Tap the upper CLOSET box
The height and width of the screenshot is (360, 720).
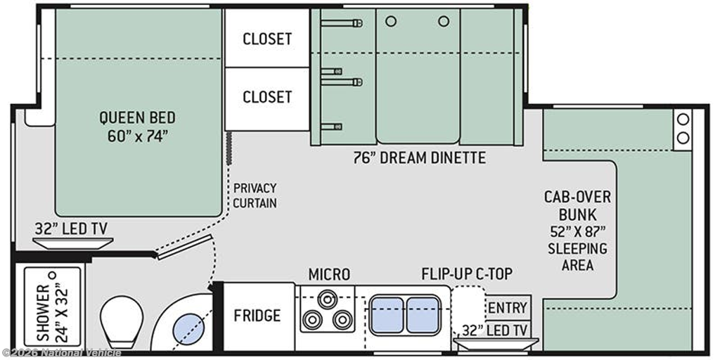pos(266,38)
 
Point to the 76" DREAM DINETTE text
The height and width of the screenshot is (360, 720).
pos(419,158)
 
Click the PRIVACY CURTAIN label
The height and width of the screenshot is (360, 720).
pos(255,195)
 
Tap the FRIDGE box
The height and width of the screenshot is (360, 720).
pos(257,316)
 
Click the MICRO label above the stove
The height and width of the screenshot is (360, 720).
pos(329,275)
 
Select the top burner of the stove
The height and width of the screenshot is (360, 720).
pos(326,300)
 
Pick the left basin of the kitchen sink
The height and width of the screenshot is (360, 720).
pos(386,314)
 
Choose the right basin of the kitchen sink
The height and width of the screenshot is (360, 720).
pos(423,314)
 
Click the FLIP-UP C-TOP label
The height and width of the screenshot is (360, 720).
pos(467,274)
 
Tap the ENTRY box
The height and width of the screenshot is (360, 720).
pos(508,307)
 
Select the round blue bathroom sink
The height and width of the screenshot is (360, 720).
pos(188,329)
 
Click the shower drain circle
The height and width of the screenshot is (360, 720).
pos(52,275)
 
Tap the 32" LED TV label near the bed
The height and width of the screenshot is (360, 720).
pos(74,229)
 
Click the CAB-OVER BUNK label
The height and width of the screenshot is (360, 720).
pos(578,206)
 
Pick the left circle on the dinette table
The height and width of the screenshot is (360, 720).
pos(391,21)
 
